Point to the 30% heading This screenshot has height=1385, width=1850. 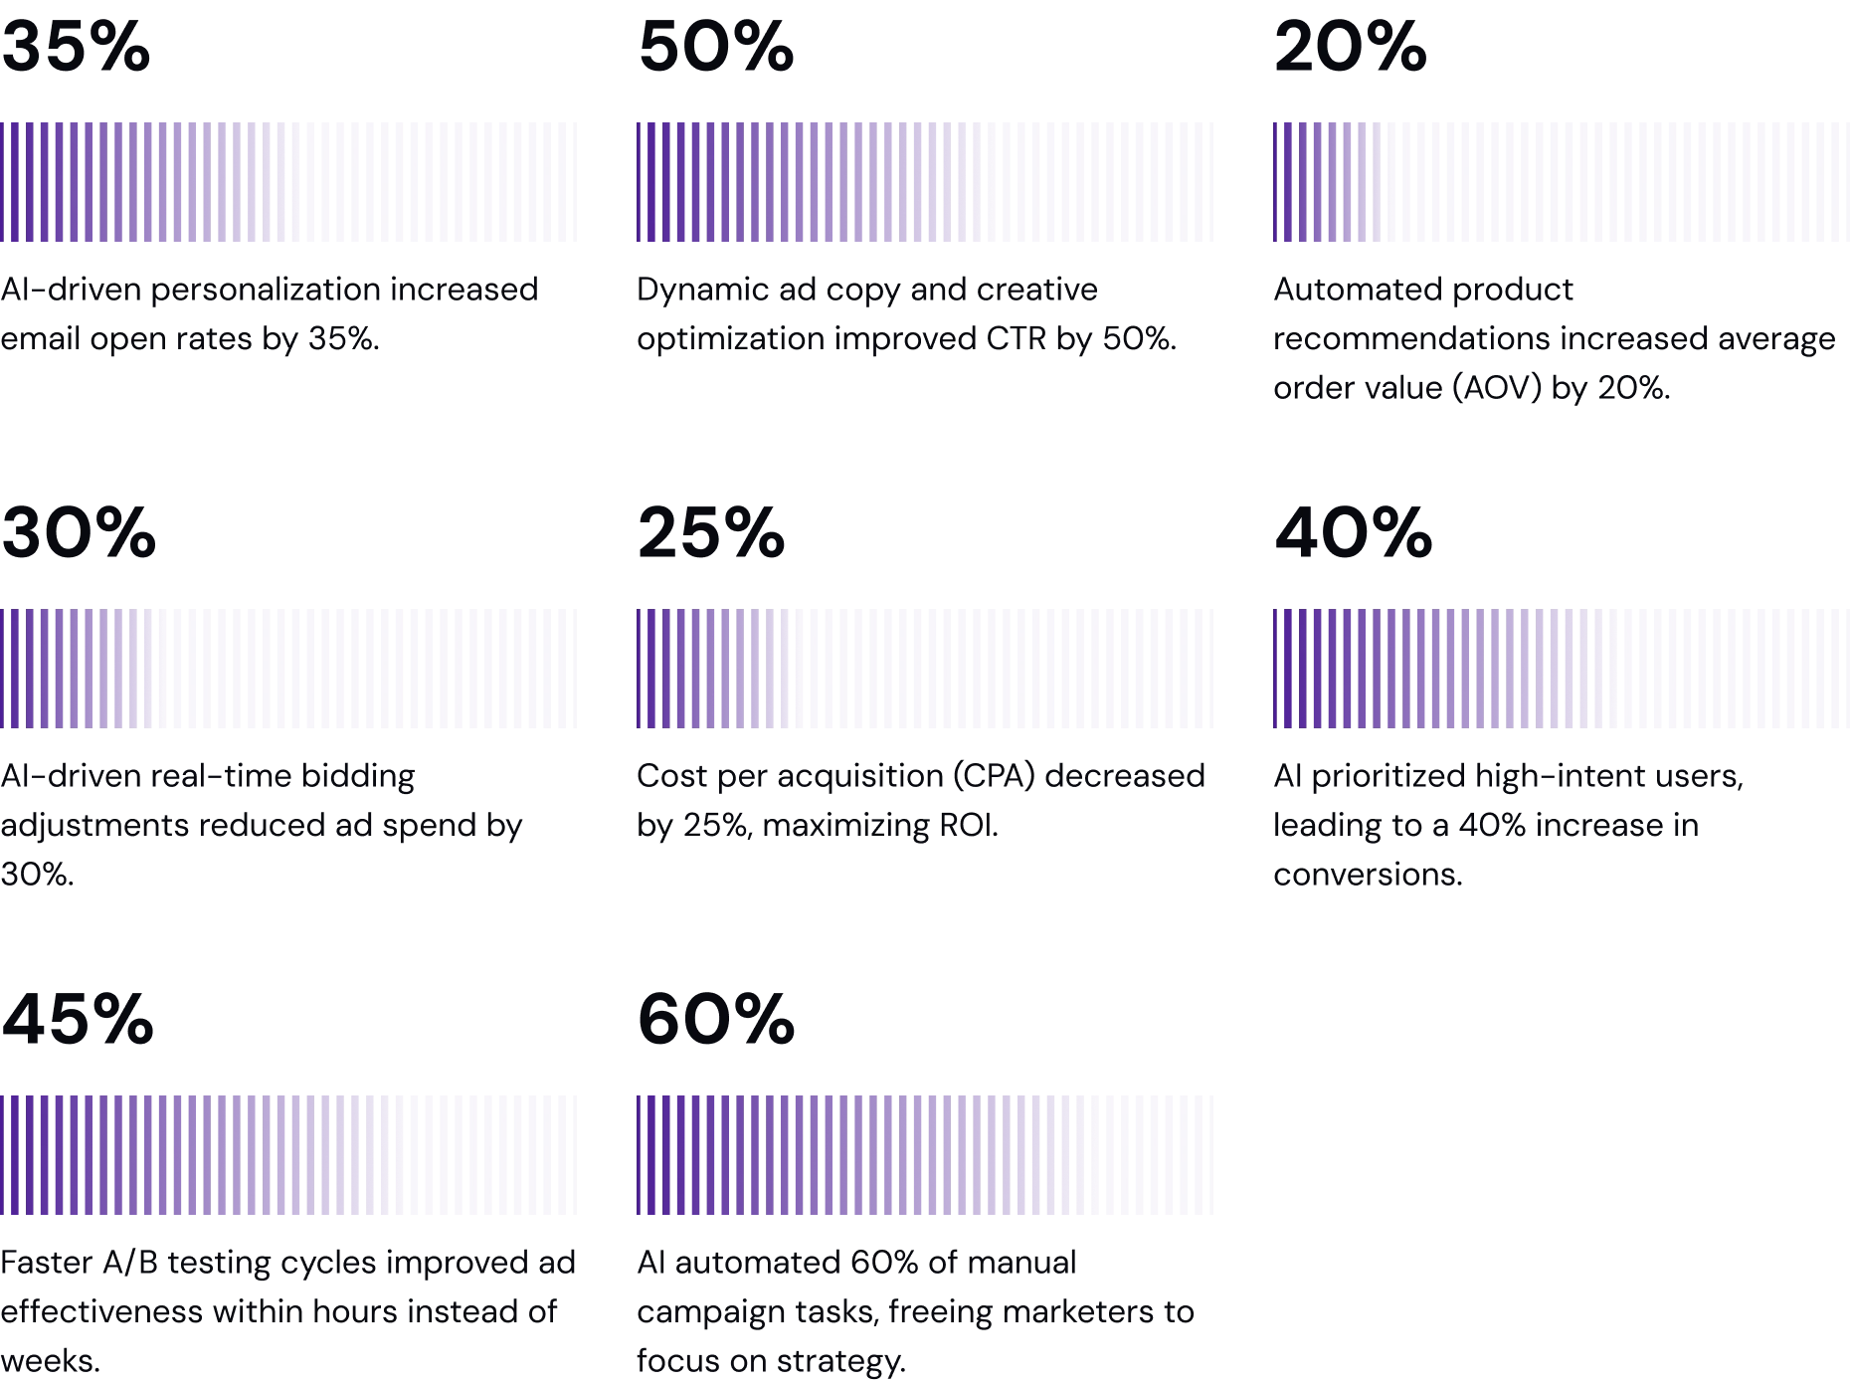tap(78, 533)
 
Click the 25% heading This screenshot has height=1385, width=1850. tap(711, 533)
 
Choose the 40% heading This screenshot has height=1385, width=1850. tap(1352, 533)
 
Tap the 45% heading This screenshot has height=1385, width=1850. tap(78, 1019)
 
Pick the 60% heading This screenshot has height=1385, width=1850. tap(715, 1019)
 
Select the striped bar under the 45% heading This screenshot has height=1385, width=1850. tap(289, 1154)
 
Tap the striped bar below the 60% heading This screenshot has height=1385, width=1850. tap(926, 1154)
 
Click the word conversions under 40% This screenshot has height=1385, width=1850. tap(1369, 878)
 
